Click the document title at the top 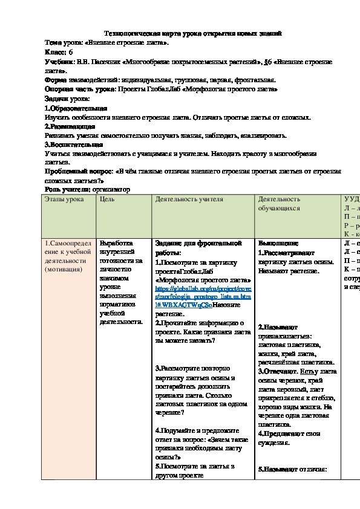194,34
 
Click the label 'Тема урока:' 64,44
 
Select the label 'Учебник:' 60,62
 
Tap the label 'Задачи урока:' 67,98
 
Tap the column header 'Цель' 106,199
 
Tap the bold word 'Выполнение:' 278,244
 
